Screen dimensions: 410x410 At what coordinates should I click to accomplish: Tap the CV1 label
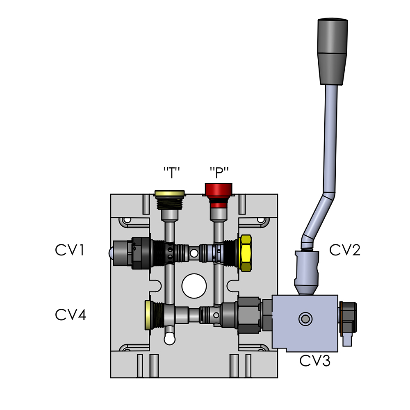[70, 250]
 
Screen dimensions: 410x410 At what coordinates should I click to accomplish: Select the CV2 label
[345, 250]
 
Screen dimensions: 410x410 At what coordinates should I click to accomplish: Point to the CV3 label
[314, 361]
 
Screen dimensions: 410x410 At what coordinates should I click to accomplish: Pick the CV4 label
[71, 315]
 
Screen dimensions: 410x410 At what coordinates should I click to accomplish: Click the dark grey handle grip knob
[333, 51]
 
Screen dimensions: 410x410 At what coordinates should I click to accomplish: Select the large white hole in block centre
[194, 286]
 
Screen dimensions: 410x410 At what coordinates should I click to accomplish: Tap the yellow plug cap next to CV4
[148, 315]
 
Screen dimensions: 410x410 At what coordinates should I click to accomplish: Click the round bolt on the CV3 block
[305, 319]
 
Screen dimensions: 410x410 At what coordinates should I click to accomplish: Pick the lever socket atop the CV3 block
[307, 273]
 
